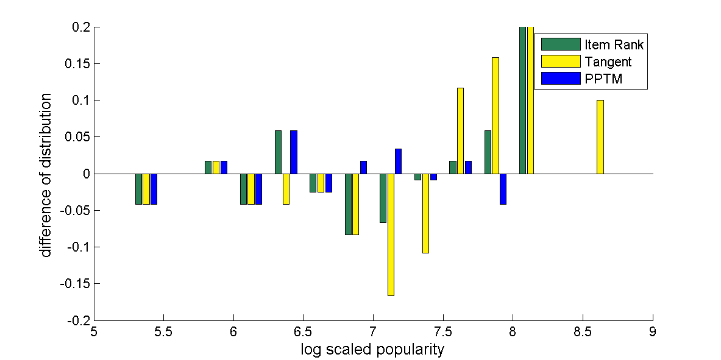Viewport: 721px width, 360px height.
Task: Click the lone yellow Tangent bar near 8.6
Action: click(600, 137)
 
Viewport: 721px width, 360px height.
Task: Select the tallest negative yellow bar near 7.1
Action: click(391, 235)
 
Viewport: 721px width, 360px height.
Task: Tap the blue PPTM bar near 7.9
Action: click(503, 189)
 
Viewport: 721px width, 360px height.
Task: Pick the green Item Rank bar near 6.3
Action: click(278, 152)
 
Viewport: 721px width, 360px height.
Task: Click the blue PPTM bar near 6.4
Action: click(294, 152)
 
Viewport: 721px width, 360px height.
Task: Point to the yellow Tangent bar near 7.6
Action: click(460, 131)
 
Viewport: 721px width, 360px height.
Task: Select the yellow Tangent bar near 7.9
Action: click(495, 116)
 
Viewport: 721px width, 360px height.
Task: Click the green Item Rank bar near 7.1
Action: click(383, 198)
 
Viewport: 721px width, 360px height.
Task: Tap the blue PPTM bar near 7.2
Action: click(398, 161)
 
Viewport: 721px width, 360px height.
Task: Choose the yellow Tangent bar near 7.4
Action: click(425, 213)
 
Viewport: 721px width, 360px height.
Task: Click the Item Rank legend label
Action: click(614, 44)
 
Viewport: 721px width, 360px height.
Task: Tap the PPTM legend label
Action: click(603, 79)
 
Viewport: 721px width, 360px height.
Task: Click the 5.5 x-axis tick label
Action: click(163, 332)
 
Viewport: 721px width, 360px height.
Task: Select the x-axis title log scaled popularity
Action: click(372, 350)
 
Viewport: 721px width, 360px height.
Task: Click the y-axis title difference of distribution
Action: click(47, 175)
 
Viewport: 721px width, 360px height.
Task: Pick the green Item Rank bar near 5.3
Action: click(138, 189)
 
